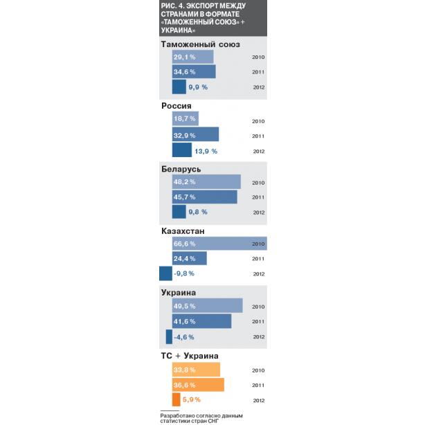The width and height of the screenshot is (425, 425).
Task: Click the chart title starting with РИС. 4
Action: coord(204,18)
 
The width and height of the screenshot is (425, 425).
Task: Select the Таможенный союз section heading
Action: coord(201,44)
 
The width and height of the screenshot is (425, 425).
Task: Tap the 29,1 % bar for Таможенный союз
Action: coord(192,57)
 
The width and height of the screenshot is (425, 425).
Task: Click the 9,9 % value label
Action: coord(198,87)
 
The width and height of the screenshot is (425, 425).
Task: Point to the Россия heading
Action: coord(177,106)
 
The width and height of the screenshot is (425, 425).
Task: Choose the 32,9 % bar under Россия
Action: coord(195,134)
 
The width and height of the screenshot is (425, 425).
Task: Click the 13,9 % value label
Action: coord(206,152)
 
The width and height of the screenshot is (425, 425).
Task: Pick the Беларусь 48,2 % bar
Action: coord(206,181)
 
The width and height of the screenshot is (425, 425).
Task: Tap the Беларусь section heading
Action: coord(181,169)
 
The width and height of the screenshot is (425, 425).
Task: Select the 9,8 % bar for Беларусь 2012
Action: coord(179,212)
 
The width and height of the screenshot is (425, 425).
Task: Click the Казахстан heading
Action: coord(183,231)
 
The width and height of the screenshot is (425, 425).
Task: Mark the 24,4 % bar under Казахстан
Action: coord(190,258)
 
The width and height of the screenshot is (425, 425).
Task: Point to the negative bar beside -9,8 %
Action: coord(165,273)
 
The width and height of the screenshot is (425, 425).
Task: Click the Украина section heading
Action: coord(179,293)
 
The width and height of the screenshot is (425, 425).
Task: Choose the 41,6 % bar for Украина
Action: coord(201,321)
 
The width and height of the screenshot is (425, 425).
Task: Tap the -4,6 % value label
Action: coord(184,337)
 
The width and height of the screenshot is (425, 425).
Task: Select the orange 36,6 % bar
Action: coord(198,385)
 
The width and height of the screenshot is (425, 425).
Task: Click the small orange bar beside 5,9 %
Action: coord(177,399)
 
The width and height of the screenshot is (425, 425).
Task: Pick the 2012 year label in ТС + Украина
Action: coord(259,400)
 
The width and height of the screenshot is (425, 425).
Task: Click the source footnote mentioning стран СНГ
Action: coord(201,418)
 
